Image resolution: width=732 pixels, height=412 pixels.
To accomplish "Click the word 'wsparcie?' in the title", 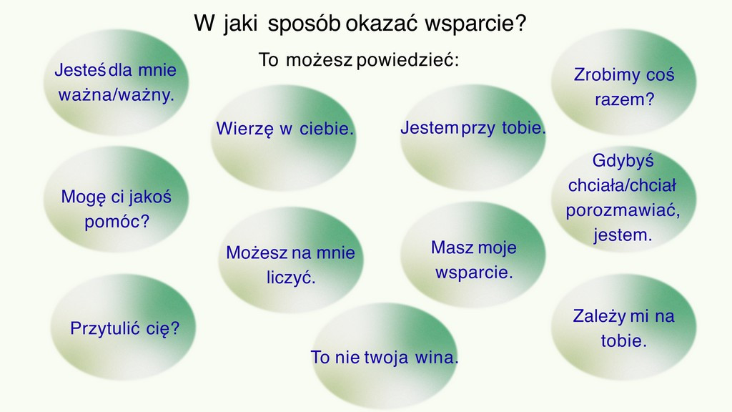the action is pos(475,24).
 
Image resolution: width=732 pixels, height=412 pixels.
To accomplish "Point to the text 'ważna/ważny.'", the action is pos(117,95).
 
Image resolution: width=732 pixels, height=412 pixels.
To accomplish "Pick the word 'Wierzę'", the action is pos(244,129).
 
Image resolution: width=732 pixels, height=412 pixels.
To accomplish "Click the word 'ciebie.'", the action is pos(327,129).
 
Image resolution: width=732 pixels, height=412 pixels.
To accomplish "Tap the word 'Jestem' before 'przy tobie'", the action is pos(430,127).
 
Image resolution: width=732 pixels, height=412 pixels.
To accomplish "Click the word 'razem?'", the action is pos(625,99).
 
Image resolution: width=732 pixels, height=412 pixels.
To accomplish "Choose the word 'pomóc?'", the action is pos(117,222).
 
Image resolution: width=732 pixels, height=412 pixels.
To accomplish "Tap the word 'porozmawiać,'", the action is pos(623,211).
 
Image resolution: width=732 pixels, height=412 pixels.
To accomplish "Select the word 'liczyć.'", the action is pos(292,278).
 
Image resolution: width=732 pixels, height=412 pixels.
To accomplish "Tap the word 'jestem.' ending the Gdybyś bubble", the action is pos(623,235).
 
